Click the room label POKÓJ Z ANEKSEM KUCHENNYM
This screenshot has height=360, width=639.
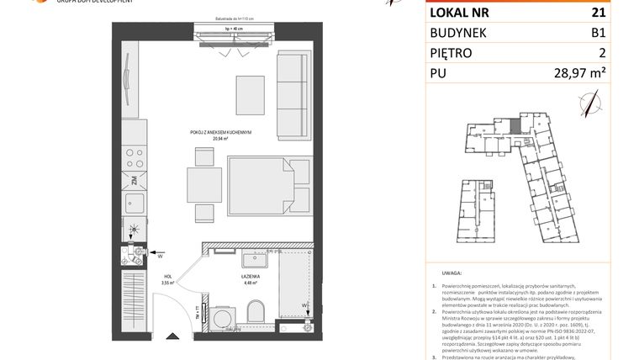pyautogui.click(x=221, y=134)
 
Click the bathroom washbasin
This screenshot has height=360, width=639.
pyautogui.click(x=250, y=259)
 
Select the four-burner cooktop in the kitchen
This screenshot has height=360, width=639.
pyautogui.click(x=131, y=157)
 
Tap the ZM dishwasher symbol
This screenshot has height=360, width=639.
pyautogui.click(x=134, y=180)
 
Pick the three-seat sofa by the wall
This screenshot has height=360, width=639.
pyautogui.click(x=293, y=96)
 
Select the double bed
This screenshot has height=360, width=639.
pyautogui.click(x=269, y=189)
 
